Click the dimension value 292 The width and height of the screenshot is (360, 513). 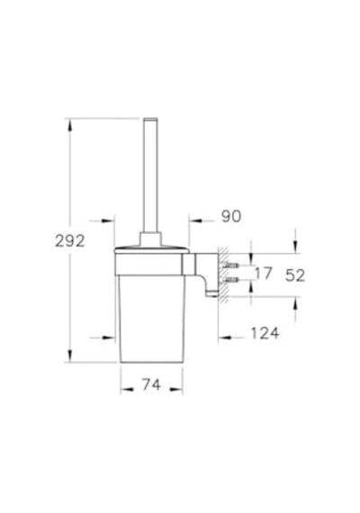click(x=69, y=241)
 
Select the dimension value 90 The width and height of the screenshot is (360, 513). click(x=231, y=216)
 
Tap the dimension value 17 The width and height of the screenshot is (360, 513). click(x=264, y=274)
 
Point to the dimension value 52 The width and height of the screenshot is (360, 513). click(x=295, y=275)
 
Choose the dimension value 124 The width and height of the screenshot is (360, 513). click(x=265, y=333)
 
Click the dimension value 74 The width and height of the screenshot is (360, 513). click(x=151, y=384)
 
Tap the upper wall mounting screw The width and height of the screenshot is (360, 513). click(x=230, y=265)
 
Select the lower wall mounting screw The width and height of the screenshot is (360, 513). click(x=230, y=279)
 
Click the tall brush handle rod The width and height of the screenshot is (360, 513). click(x=150, y=175)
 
